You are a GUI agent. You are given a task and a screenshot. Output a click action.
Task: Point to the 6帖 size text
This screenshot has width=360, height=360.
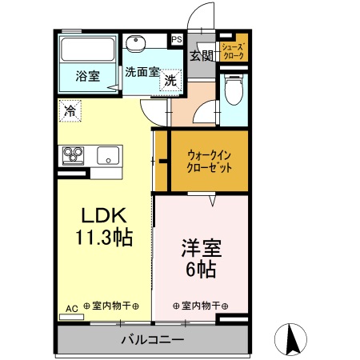pos(199,269)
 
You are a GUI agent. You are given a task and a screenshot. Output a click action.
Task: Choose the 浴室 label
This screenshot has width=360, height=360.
pos(87,77)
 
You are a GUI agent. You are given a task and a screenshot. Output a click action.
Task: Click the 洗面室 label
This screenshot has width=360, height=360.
pos(141,71)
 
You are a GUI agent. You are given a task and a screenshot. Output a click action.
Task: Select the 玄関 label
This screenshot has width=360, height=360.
pos(201,55)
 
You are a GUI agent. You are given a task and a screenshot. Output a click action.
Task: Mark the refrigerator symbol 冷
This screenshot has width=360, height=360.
pos(70,112)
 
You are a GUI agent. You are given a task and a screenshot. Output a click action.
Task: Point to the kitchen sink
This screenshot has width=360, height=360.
pos(107,154)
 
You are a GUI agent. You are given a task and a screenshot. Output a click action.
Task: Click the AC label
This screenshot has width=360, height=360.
pos(71,306)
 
